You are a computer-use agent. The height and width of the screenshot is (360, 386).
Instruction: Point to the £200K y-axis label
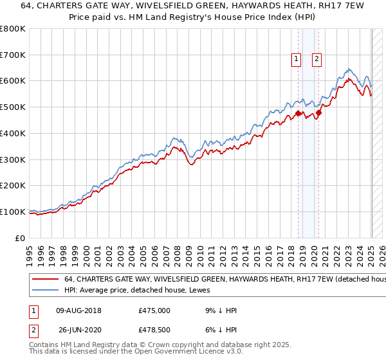click(x=13, y=185)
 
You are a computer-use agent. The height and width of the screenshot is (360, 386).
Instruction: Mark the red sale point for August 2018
click(x=298, y=114)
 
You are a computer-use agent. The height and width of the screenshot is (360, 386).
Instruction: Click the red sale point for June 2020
click(x=319, y=113)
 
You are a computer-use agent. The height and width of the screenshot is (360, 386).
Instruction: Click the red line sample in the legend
click(x=45, y=280)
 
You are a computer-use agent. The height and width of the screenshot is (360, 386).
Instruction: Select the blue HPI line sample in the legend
click(x=45, y=291)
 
